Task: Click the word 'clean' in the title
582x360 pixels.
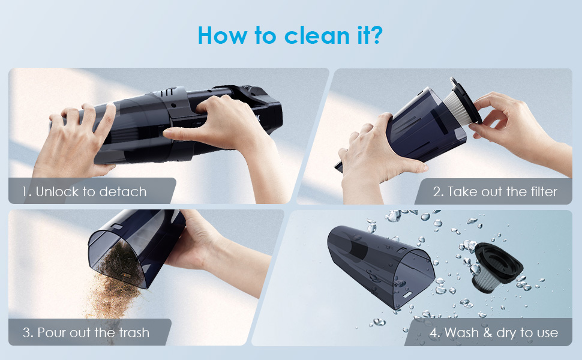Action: pos(317,35)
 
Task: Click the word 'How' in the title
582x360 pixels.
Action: pos(223,35)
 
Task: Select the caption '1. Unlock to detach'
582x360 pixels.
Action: pos(84,192)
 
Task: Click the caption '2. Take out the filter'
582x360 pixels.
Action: pos(495,192)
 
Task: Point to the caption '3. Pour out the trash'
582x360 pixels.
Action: pos(86,332)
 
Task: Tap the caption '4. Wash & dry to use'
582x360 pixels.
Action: pos(494,332)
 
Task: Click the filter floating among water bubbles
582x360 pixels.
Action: pos(497,267)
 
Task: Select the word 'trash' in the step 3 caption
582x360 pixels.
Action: pos(134,332)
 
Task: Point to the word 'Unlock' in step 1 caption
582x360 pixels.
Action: pos(58,192)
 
